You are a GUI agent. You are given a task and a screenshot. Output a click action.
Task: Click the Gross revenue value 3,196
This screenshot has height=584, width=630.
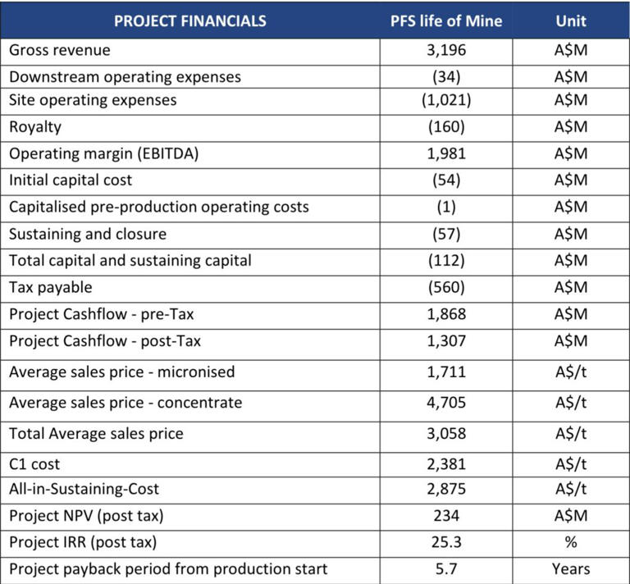point(445,50)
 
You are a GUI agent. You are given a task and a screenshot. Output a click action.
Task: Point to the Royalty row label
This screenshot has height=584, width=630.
point(34,127)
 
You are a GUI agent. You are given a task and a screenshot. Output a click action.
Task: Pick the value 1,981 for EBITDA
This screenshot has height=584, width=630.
point(445,153)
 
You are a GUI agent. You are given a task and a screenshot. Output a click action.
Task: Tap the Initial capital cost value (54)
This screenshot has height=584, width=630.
point(445,180)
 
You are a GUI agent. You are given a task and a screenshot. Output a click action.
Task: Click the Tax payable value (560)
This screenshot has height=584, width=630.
point(445,287)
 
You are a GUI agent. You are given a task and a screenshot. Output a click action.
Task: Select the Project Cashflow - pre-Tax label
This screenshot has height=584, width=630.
point(102,314)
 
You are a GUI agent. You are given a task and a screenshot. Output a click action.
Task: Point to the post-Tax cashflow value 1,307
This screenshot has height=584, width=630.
point(445,341)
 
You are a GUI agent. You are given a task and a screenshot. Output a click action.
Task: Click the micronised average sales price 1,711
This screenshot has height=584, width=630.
point(445,372)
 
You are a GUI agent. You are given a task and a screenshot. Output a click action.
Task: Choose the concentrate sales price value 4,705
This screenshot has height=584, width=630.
point(445,403)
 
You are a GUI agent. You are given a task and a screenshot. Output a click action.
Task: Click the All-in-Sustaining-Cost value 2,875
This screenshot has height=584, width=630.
point(445,489)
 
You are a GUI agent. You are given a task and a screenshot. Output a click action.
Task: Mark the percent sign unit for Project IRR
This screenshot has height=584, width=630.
point(570,542)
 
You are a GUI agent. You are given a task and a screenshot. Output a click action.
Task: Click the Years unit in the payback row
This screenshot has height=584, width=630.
point(570,568)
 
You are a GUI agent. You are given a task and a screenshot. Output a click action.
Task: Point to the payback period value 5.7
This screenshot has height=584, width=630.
point(445,568)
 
